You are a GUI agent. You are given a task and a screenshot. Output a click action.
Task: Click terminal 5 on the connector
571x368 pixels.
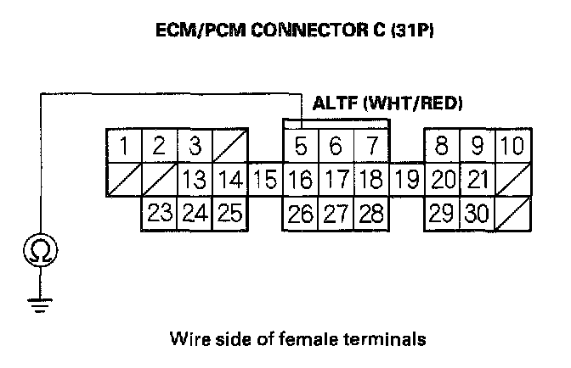[301, 146]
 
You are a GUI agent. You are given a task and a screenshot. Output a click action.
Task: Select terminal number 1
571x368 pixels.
[124, 146]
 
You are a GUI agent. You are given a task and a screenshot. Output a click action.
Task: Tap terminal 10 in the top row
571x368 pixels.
[512, 146]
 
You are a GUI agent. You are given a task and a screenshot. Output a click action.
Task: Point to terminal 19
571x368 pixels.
[408, 180]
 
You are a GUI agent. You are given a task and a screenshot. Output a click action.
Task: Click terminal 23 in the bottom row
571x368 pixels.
[159, 214]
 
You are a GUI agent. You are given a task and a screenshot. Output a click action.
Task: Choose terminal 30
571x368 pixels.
[477, 214]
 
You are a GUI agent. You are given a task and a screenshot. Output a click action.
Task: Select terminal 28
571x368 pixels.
[371, 214]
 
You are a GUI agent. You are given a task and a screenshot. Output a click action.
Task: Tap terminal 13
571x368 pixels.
[195, 180]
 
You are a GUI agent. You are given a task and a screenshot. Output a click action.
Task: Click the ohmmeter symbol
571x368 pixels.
[39, 251]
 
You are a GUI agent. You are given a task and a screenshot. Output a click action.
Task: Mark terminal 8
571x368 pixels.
[442, 146]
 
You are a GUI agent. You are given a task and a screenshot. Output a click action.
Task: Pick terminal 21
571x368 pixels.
[478, 180]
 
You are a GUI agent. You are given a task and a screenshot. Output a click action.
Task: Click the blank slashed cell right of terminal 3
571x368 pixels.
[229, 146]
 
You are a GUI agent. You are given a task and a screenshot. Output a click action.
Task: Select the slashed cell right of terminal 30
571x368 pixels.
[512, 214]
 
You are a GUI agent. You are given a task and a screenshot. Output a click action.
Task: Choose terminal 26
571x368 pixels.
[301, 214]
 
